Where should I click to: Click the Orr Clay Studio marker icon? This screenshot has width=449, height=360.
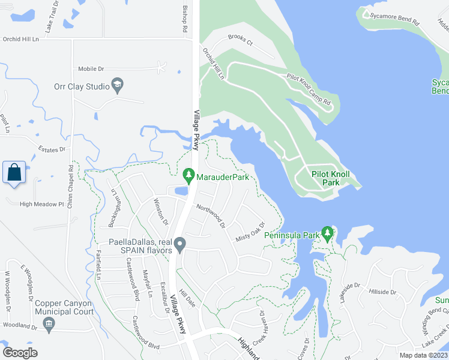pos(117,86)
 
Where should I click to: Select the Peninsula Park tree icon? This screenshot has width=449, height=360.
pos(327,234)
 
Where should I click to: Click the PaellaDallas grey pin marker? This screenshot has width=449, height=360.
pos(179,243)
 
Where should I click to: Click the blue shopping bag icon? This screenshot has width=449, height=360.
pos(14,173)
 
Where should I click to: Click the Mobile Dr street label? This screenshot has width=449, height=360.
pos(92,68)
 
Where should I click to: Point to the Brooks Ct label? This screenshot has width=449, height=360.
pos(240,40)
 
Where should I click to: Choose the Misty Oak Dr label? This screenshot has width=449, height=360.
pos(251,232)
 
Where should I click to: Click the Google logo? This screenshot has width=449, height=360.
pos(20,353)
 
